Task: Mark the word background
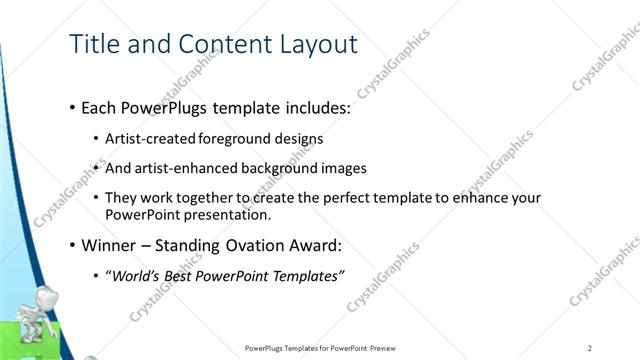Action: pyautogui.click(x=288, y=168)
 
